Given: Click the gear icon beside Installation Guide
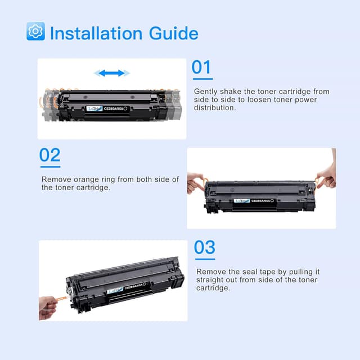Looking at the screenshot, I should click(x=35, y=31).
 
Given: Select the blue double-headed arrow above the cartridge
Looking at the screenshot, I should click(x=111, y=73).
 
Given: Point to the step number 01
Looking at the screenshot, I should click(x=202, y=67).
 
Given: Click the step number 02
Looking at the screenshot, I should click(x=50, y=155).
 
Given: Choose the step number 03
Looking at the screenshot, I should click(x=205, y=247).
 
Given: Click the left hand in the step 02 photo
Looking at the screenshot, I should click(x=196, y=183).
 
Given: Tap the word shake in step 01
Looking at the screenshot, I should click(x=242, y=92).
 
